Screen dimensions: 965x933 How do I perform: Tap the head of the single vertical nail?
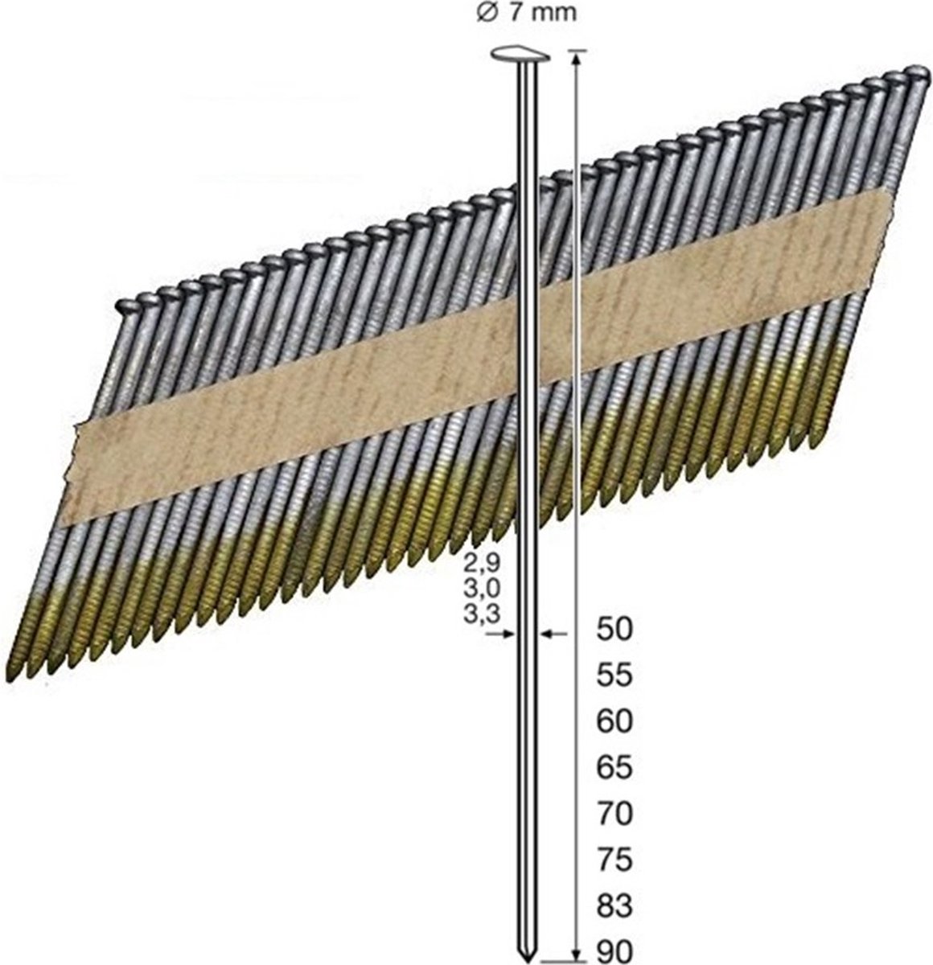518,55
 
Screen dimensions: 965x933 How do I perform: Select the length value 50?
615,630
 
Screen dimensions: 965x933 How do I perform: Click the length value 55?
615,676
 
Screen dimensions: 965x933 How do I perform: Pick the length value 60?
615,722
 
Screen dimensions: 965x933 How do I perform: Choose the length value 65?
615,768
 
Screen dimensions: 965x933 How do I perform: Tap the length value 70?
615,815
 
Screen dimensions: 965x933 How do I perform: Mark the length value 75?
615,860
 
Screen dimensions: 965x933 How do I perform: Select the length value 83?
615,907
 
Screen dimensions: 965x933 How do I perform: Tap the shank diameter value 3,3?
487,613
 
